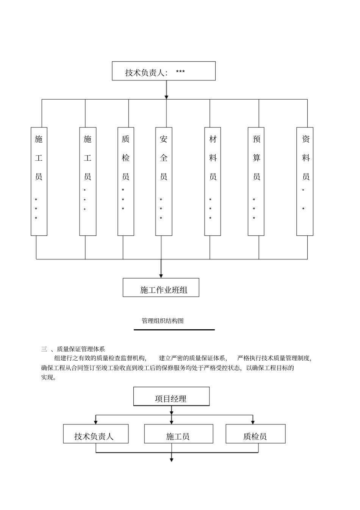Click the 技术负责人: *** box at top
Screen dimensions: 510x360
pos(164,71)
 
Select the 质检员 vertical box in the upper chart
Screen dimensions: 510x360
pos(126,181)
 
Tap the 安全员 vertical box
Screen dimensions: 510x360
pos(164,181)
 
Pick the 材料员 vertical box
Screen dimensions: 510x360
pos(213,181)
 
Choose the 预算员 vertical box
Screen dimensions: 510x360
pos(256,181)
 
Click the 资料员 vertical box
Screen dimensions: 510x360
pos(305,181)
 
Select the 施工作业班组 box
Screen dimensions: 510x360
pos(161,288)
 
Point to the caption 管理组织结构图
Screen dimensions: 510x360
pos(163,321)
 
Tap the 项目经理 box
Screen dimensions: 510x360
pos(171,397)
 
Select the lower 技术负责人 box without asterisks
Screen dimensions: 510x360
pos(96,434)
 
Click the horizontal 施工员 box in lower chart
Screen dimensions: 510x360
pos(178,434)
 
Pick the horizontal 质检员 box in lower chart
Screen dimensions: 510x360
pos(255,434)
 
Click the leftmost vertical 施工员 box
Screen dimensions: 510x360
pos(39,181)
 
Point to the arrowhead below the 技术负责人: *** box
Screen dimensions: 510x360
pos(166,97)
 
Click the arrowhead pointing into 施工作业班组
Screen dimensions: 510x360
pos(161,276)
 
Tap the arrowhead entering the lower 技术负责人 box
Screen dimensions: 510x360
pos(95,422)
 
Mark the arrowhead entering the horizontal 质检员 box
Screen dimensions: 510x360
pos(253,422)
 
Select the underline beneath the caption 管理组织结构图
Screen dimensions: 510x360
pos(174,330)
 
